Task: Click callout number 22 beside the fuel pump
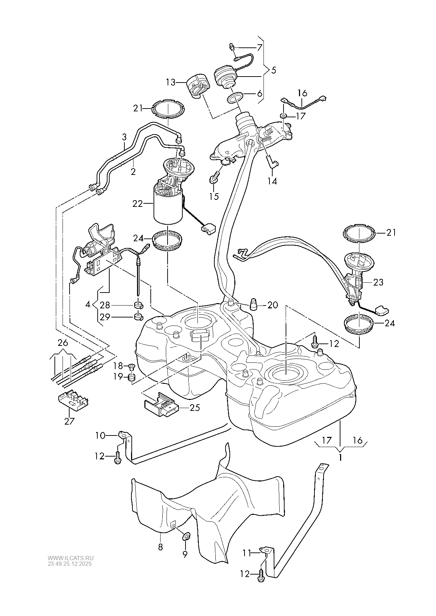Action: [137, 203]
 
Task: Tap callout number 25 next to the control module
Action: [195, 407]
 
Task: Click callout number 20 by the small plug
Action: [273, 305]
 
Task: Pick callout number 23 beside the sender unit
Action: [378, 282]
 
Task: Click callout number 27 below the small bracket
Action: [69, 421]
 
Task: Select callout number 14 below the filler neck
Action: [272, 181]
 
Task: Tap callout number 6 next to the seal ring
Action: [260, 94]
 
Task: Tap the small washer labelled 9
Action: [186, 537]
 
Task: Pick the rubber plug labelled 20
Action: [253, 304]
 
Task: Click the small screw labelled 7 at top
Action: [232, 47]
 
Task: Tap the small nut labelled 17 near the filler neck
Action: [283, 116]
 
